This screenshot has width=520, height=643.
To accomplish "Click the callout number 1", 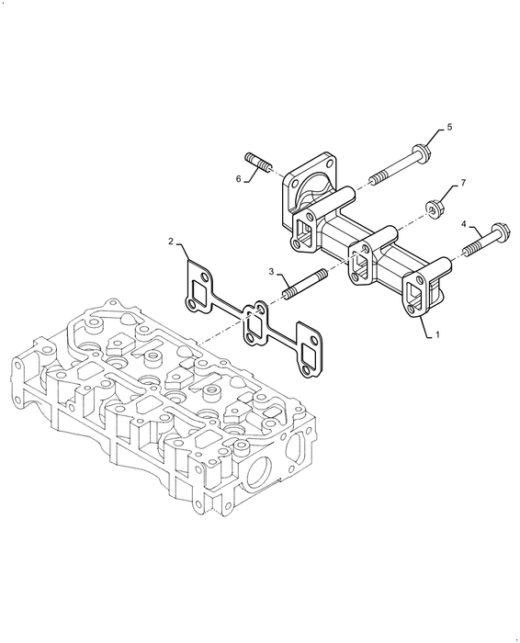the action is (437, 335).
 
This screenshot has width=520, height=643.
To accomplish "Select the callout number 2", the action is (171, 241).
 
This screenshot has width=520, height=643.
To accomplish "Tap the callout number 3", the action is (271, 271).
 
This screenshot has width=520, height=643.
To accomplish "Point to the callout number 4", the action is (464, 223).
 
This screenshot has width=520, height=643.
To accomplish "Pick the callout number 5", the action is (449, 127).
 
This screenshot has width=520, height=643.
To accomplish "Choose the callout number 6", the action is (238, 178).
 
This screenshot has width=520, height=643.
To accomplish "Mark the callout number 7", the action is (463, 183).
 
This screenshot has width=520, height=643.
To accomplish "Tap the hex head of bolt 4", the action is (501, 231).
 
